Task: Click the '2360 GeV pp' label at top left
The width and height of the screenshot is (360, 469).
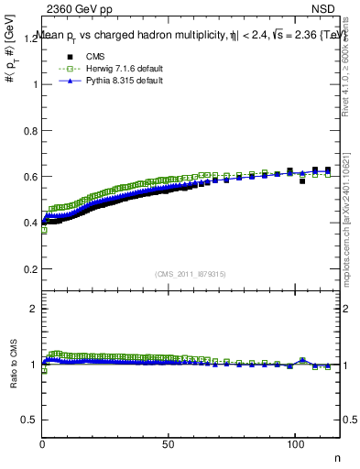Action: point(80,9)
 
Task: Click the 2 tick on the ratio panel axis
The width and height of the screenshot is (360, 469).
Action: point(34,309)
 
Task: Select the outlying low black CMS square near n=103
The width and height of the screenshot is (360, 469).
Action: point(302,181)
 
